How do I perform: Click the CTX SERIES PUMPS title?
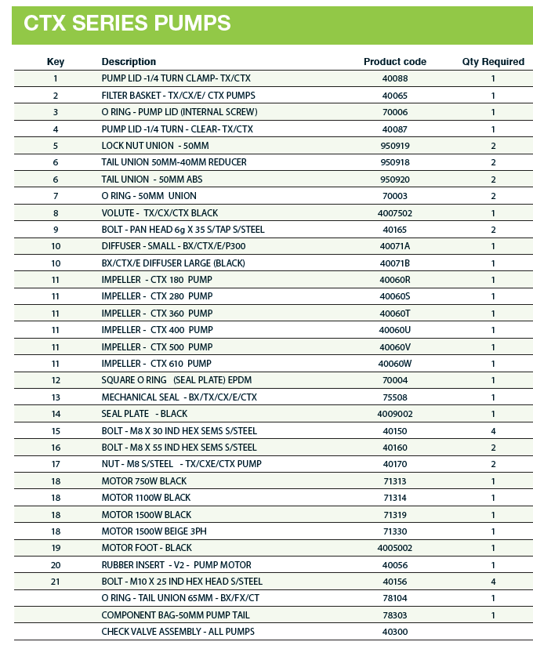pos(127,24)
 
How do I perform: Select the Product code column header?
pos(394,62)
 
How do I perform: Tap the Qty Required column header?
pos(493,62)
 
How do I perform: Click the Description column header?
pos(129,62)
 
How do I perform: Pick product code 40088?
pos(394,78)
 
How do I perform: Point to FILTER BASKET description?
pos(178,96)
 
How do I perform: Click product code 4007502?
pos(394,212)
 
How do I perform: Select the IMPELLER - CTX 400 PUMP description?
pos(157,330)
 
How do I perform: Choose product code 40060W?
pos(394,364)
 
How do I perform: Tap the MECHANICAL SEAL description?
pos(179,397)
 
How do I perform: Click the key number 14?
pos(56,414)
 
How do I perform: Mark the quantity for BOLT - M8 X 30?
pos(493,431)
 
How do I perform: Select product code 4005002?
pos(394,548)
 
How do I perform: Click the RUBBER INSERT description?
pos(176,565)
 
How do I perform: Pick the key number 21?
pos(56,582)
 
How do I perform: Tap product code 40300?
pos(394,632)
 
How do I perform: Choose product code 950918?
pos(394,162)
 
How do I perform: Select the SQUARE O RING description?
pos(176,380)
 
